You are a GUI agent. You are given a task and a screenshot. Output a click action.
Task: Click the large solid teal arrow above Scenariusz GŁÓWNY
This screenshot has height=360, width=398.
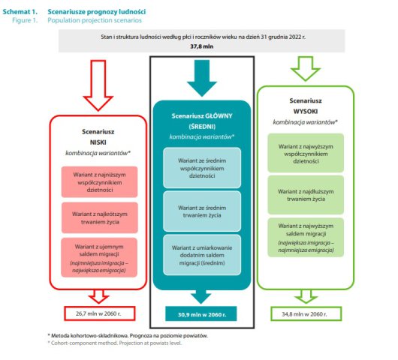click(x=202, y=78)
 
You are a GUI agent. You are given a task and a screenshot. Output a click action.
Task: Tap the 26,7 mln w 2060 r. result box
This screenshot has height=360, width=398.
click(x=99, y=313)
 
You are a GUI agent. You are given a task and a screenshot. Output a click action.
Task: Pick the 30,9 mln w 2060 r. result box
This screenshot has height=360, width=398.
click(x=201, y=313)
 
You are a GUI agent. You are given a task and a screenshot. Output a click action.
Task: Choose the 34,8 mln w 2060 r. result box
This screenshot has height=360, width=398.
click(x=306, y=313)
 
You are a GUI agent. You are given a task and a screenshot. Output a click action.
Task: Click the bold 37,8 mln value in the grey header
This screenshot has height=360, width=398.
click(x=202, y=46)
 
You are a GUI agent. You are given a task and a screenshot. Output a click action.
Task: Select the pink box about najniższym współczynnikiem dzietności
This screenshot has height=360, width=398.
click(x=99, y=181)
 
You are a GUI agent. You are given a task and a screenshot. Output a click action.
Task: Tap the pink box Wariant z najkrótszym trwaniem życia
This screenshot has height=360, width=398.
click(x=100, y=217)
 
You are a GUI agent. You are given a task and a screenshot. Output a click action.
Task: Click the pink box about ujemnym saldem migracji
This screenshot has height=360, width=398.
click(x=99, y=257)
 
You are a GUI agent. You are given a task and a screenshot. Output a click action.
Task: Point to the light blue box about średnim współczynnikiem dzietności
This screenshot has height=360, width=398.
click(x=202, y=168)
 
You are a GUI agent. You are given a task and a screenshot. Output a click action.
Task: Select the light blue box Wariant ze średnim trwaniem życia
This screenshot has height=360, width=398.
click(x=202, y=211)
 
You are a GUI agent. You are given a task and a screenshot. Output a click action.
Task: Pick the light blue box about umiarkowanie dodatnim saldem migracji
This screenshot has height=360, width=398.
click(x=202, y=255)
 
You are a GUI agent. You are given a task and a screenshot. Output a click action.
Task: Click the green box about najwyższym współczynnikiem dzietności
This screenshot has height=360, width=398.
click(x=306, y=153)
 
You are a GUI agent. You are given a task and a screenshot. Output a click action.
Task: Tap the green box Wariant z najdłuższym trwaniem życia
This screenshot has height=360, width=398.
click(x=306, y=195)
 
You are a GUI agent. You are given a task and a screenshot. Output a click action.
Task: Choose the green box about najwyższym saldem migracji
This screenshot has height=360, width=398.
click(x=306, y=238)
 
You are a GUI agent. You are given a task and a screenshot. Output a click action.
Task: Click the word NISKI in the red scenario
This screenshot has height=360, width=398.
click(x=98, y=142)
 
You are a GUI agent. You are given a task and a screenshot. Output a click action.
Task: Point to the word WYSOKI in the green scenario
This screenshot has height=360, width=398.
click(x=306, y=111)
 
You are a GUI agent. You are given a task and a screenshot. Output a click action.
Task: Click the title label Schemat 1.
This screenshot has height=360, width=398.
click(x=20, y=12)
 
